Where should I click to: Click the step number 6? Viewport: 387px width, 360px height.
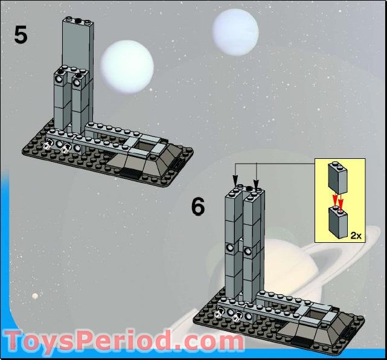[198, 207]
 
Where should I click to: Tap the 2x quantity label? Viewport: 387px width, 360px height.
[356, 236]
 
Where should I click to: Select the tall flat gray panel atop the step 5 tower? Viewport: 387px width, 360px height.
[77, 42]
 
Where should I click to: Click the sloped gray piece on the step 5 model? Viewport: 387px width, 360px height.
[144, 159]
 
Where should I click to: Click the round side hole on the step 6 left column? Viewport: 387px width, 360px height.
[230, 248]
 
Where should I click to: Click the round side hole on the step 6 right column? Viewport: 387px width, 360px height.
[248, 249]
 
